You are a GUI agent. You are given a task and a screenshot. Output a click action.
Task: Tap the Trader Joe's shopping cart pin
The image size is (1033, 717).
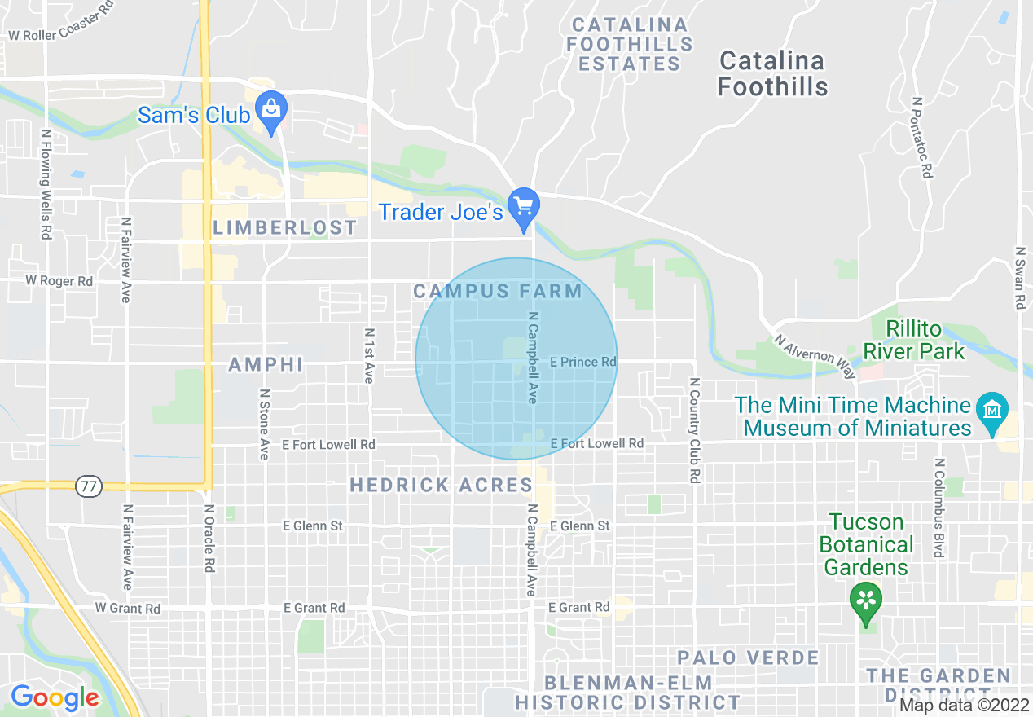click(x=523, y=206)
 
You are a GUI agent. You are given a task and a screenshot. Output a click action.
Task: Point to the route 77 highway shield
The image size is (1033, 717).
click(x=87, y=487)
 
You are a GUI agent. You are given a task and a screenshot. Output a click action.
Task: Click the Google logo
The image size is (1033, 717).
click(x=55, y=697)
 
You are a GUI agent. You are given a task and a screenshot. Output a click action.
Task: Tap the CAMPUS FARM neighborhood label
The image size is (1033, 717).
click(x=498, y=292)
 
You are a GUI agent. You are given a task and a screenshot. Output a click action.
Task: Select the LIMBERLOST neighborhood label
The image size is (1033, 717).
click(x=285, y=228)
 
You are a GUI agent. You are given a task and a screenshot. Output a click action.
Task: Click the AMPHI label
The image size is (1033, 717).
click(x=266, y=364)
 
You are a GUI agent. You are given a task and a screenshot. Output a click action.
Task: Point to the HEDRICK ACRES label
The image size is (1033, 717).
click(x=441, y=486)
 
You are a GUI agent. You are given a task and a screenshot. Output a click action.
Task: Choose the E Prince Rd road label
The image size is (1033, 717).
click(x=583, y=362)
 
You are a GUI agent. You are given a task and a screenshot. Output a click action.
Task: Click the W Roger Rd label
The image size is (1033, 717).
click(x=59, y=281)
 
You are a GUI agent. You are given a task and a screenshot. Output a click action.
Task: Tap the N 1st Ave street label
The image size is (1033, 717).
click(x=369, y=355)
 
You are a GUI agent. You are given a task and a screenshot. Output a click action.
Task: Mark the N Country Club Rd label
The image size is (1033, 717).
click(x=694, y=430)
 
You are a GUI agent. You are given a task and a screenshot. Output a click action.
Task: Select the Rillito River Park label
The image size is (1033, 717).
click(x=914, y=341)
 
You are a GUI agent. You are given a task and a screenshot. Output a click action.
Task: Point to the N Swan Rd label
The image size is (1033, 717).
click(x=1019, y=278)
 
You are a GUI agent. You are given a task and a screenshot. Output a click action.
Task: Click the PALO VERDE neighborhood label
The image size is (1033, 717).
click(x=748, y=658)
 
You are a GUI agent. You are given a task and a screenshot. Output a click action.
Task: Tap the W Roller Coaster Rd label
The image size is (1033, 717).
click(x=60, y=24)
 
